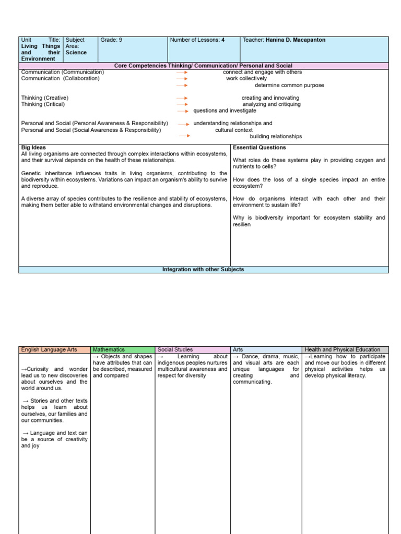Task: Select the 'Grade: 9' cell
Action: (x=111, y=40)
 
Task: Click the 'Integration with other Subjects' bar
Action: (x=203, y=270)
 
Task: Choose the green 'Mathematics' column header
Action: (x=109, y=349)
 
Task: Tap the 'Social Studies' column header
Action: (x=175, y=349)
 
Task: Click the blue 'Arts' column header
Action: (x=238, y=349)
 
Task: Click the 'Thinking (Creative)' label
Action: (x=45, y=98)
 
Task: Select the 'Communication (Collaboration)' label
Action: (x=60, y=79)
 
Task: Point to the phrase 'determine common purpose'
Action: (x=289, y=85)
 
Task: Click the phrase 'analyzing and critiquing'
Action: (x=272, y=104)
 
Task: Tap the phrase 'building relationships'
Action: (x=276, y=137)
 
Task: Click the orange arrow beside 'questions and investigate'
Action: (x=182, y=111)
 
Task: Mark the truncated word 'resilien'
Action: (x=242, y=224)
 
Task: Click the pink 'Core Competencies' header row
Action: (x=203, y=66)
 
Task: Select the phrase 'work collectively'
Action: (x=246, y=79)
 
